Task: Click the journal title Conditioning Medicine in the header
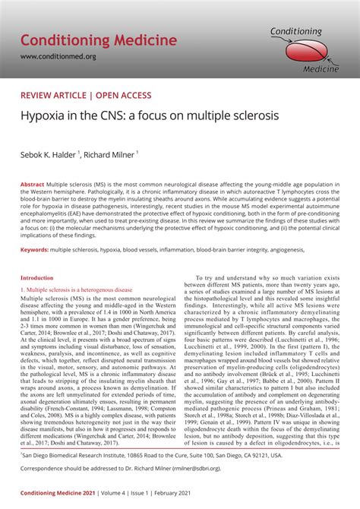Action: [x=99, y=40]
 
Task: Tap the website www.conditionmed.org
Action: [x=58, y=56]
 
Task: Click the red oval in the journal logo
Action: [x=308, y=49]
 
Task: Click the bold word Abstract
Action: [x=32, y=185]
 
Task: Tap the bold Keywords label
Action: [x=35, y=249]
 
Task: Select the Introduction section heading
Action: [x=36, y=278]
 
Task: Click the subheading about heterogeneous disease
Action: [x=76, y=289]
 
